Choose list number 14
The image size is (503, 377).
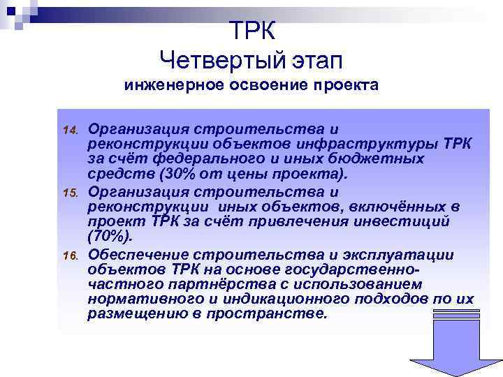tap(73, 131)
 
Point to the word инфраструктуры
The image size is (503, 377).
tap(374, 145)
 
